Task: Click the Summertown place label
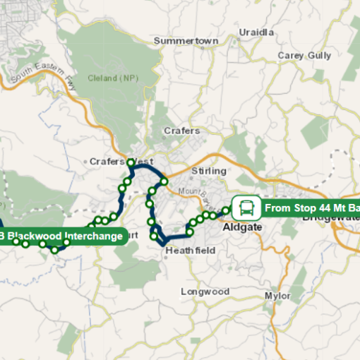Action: [x=186, y=41]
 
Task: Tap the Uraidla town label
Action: [x=256, y=32]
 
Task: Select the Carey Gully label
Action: [x=304, y=55]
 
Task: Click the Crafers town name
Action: [x=182, y=131]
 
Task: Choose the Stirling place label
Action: [x=209, y=171]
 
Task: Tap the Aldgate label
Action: [x=242, y=227]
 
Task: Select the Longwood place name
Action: [x=205, y=292]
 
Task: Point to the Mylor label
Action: [x=277, y=295]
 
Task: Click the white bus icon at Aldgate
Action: [x=246, y=208]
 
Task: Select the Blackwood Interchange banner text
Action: [x=64, y=236]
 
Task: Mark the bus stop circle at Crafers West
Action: [x=131, y=163]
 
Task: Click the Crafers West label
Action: [x=121, y=162]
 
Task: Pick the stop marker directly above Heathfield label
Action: [x=189, y=232]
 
